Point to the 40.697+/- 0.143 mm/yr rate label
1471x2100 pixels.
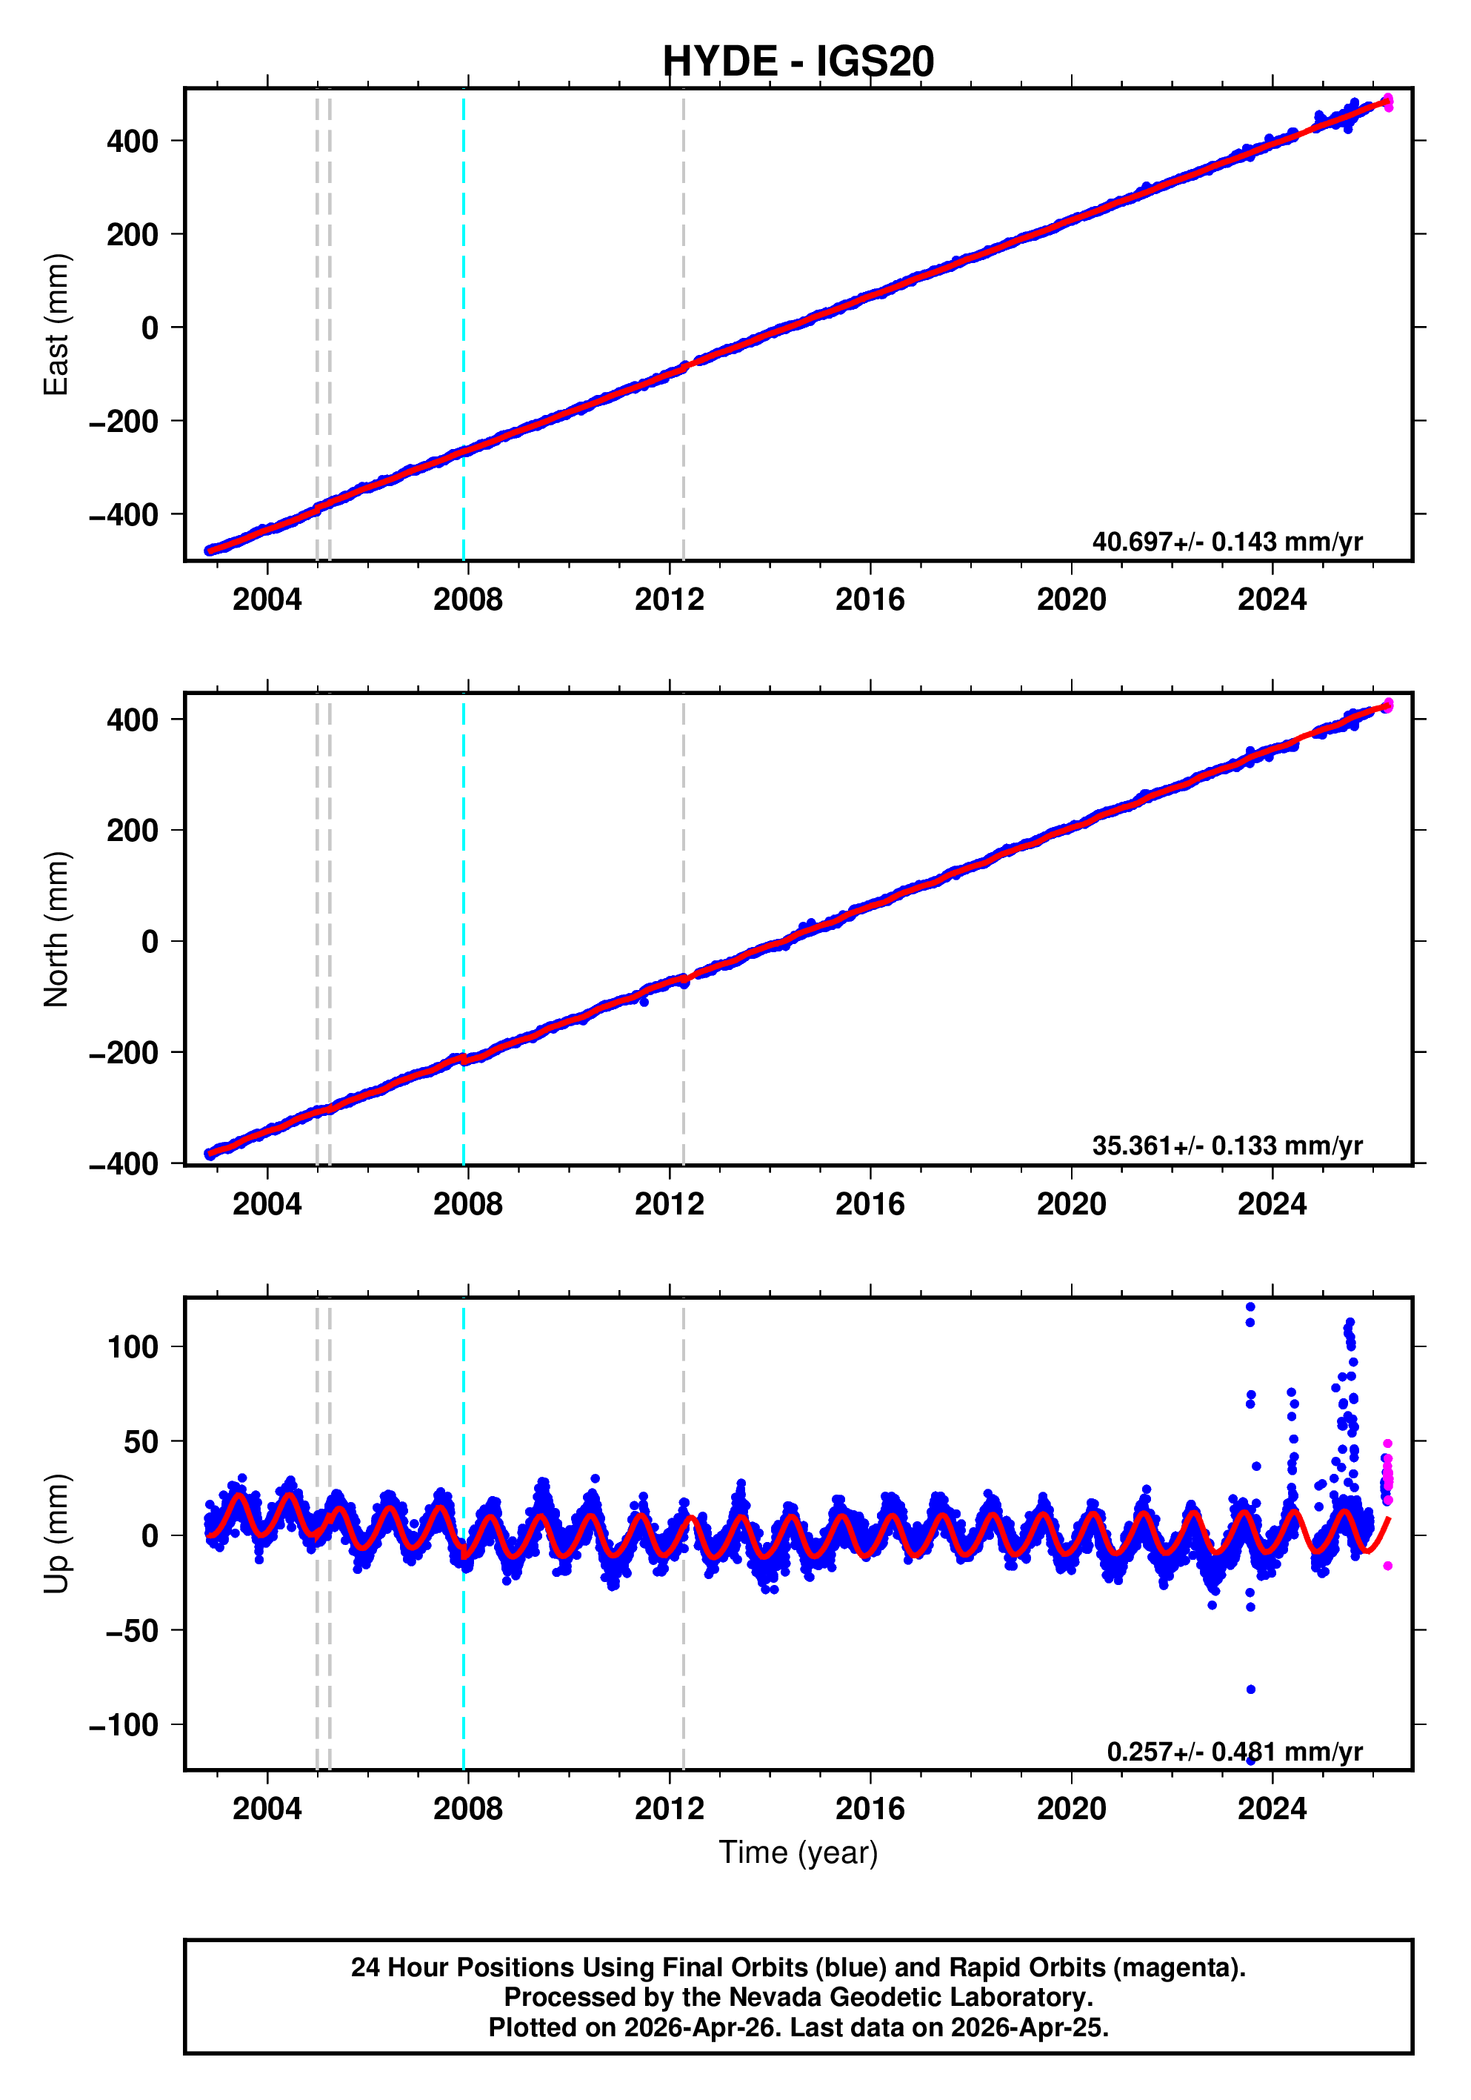1226,542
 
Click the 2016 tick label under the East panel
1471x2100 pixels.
870,600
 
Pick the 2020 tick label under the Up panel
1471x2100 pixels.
1070,1808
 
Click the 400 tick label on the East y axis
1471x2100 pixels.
133,141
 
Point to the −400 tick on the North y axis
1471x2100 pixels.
124,1164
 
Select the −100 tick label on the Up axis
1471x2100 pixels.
124,1725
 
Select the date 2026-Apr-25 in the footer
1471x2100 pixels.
1029,2027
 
